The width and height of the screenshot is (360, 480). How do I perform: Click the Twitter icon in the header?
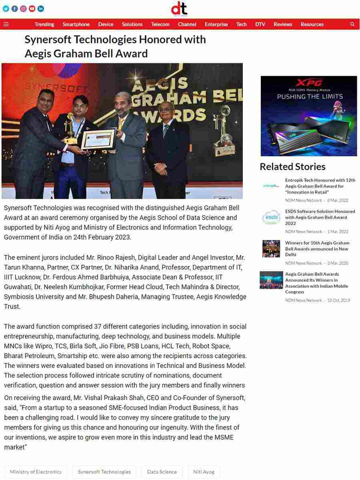(6, 8)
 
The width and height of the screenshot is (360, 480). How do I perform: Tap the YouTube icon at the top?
(32, 8)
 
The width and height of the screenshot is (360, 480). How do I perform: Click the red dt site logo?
(179, 8)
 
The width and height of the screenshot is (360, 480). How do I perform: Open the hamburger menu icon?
(6, 24)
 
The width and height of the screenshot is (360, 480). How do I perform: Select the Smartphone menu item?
(76, 24)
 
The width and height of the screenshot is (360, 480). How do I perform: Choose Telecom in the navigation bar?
(160, 24)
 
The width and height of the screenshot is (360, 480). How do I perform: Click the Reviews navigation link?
(283, 24)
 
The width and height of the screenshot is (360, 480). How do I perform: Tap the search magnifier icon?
(352, 24)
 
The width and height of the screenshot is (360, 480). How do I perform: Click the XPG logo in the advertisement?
(309, 83)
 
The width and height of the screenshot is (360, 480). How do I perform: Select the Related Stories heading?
(292, 167)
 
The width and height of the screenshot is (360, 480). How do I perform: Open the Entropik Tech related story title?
(320, 186)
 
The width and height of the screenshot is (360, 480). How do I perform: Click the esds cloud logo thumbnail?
(271, 218)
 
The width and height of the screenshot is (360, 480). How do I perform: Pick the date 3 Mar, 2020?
(338, 263)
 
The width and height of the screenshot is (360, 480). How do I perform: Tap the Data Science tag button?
(162, 472)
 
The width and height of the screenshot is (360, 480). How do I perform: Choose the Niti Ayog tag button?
(204, 472)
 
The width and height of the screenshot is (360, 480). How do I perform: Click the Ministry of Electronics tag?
(36, 472)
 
